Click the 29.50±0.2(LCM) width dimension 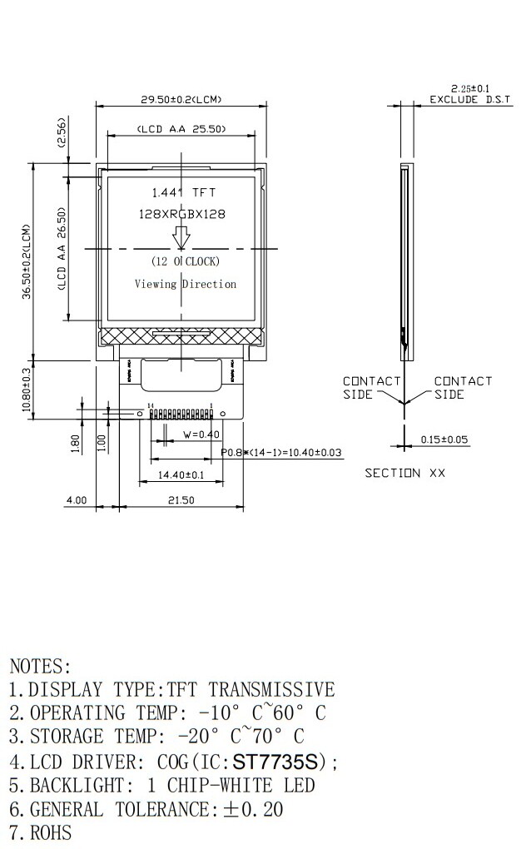coord(181,100)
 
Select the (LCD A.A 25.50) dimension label coord(181,130)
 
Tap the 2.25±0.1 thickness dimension coord(470,88)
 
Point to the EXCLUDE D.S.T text coord(465,100)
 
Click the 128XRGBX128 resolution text coord(181,214)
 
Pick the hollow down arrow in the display coord(181,237)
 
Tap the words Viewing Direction coord(186,284)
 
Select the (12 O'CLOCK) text coord(186,261)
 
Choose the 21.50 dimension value coord(180,500)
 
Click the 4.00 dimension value coord(76,500)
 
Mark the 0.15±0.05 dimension coord(444,439)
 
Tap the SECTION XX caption coord(405,473)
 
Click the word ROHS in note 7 coord(51,832)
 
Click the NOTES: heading coord(40,666)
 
